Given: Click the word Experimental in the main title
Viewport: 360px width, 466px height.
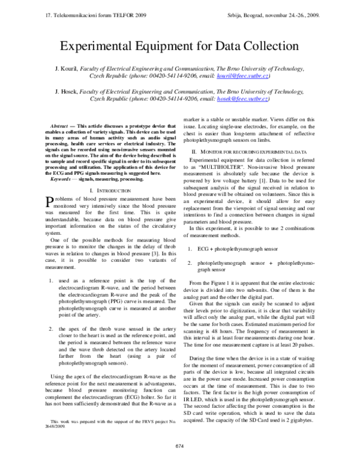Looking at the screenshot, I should click(105, 46).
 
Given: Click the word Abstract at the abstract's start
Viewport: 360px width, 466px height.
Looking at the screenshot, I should click(57, 126).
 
